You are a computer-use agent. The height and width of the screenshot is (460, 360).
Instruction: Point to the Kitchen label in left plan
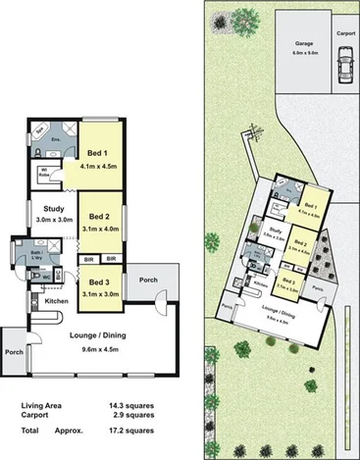57,300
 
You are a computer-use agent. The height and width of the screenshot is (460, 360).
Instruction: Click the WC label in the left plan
46,277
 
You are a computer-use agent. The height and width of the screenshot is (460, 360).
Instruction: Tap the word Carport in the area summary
38,416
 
